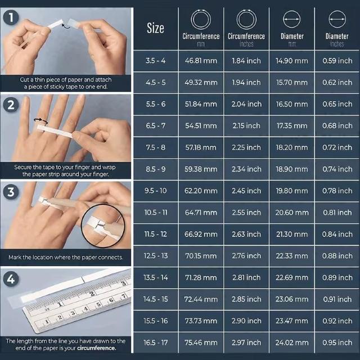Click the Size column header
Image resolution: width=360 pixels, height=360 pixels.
click(155, 28)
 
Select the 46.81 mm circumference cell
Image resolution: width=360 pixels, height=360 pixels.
click(201, 61)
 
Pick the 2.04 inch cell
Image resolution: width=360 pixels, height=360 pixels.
click(246, 104)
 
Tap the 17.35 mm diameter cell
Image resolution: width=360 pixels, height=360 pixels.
click(292, 125)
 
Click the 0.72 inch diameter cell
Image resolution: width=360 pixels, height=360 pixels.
click(337, 147)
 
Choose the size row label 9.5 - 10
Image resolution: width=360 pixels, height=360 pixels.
click(155, 191)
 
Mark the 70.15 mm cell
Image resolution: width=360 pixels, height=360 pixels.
click(201, 256)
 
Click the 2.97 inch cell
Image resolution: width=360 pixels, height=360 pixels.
click(246, 342)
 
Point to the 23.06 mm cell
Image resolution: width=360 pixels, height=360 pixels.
click(292, 299)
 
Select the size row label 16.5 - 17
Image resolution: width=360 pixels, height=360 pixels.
click(155, 342)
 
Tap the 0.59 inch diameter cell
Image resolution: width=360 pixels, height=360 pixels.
click(337, 61)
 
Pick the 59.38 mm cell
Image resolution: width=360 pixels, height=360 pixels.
click(201, 169)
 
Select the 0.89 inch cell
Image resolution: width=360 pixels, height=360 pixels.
click(337, 277)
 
